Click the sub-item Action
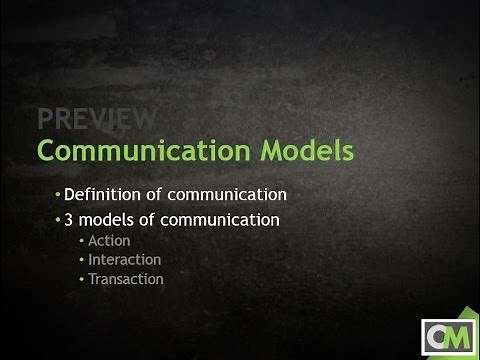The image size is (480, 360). pyautogui.click(x=109, y=241)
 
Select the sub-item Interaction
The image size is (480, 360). pyautogui.click(x=124, y=260)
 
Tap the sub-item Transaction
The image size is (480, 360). pyautogui.click(x=126, y=279)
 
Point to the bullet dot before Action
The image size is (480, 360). pyautogui.click(x=81, y=242)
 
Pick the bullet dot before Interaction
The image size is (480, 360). pyautogui.click(x=81, y=261)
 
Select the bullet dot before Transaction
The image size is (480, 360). pyautogui.click(x=81, y=280)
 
